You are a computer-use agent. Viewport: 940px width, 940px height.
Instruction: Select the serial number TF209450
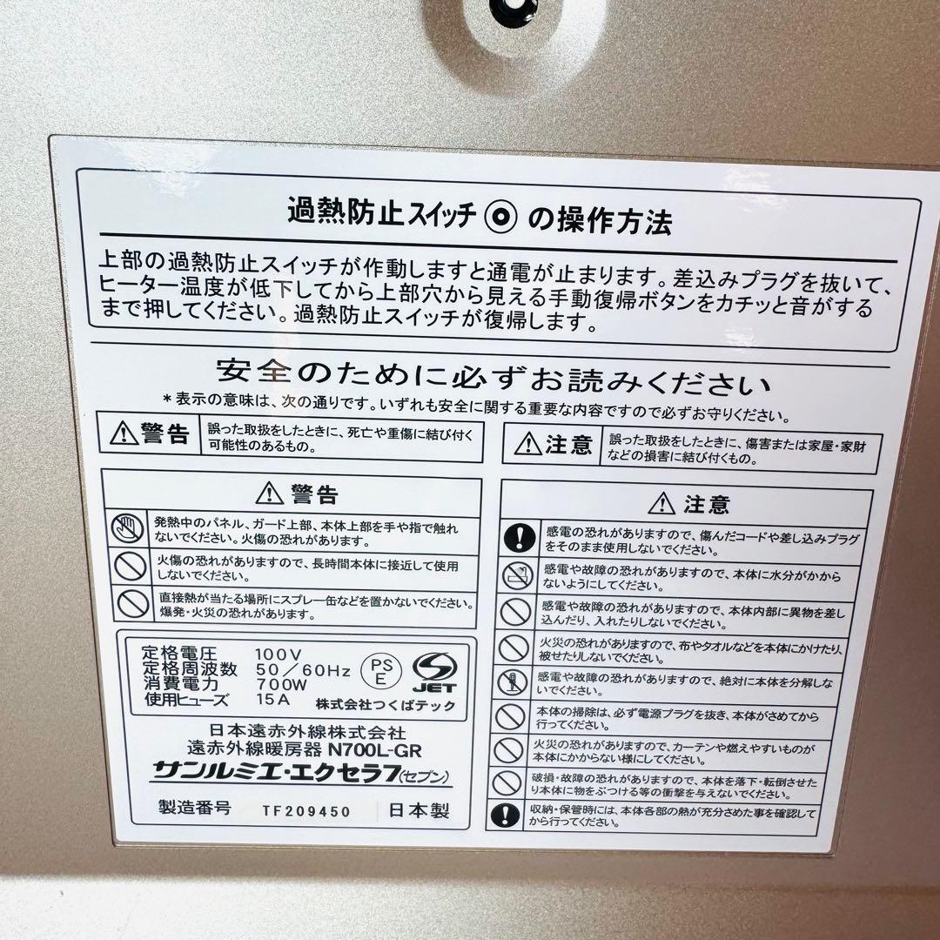click(x=306, y=811)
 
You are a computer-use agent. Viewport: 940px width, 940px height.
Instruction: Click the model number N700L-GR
click(x=374, y=750)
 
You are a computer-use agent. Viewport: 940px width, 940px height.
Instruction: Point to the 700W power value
click(x=282, y=685)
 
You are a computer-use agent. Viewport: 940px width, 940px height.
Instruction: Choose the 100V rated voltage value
click(x=279, y=655)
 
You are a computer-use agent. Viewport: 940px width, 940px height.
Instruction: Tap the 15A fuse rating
click(x=272, y=699)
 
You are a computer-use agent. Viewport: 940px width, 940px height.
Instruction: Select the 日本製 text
click(x=419, y=810)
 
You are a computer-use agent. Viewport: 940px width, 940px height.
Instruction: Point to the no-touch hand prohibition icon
click(x=128, y=529)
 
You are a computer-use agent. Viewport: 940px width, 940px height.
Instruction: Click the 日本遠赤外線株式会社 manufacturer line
click(x=307, y=732)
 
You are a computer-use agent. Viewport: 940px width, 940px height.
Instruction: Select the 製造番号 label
click(x=194, y=807)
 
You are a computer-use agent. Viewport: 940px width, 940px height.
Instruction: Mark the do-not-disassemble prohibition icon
click(x=513, y=681)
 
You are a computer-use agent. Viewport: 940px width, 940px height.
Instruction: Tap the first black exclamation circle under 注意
click(x=520, y=536)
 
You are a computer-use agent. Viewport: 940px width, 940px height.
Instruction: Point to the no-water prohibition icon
click(x=518, y=576)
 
